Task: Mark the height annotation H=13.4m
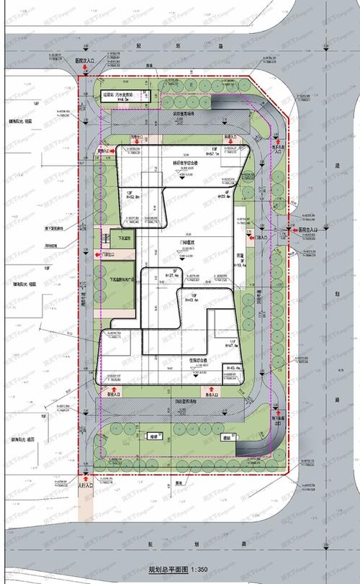coord(242,264)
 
